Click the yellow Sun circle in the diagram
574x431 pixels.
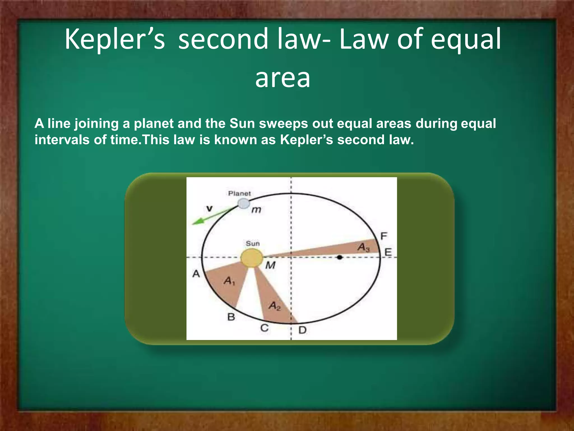[x=252, y=258]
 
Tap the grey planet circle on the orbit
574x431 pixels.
[x=244, y=203]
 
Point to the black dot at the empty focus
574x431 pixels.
[x=340, y=257]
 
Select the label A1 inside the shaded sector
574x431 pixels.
[x=229, y=281]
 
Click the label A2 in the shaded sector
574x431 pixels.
[x=275, y=306]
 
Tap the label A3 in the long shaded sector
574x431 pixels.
[x=364, y=247]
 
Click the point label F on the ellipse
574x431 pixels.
[x=384, y=236]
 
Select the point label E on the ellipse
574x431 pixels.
[x=388, y=252]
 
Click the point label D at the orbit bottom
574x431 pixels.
[x=302, y=330]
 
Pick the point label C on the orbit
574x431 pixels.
[x=264, y=328]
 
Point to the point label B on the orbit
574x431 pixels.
[x=231, y=317]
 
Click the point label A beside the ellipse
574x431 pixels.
[x=196, y=274]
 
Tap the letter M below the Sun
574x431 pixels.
[x=270, y=265]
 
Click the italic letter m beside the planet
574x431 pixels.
[x=256, y=210]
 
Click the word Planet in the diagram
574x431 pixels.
[x=239, y=193]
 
